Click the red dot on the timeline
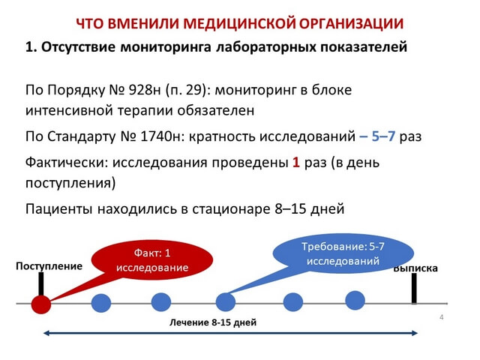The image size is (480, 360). click(41, 304)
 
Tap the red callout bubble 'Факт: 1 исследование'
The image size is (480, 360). click(152, 260)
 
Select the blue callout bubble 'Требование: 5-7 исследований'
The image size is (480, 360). click(343, 253)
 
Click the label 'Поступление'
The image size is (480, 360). click(49, 266)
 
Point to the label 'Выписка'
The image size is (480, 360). click(415, 268)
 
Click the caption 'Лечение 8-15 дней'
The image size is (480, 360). click(213, 322)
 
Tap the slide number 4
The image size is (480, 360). click(442, 317)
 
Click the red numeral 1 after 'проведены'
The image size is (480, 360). click(295, 162)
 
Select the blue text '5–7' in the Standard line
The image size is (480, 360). click(383, 136)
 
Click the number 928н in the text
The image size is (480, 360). click(145, 90)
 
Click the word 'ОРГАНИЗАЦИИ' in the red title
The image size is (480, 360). click(351, 24)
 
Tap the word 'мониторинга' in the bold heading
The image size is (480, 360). click(166, 47)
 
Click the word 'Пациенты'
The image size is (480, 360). click(58, 209)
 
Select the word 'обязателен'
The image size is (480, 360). click(216, 110)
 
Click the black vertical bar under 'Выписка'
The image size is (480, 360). click(414, 288)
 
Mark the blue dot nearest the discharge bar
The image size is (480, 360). click(355, 300)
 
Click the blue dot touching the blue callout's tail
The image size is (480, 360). click(226, 302)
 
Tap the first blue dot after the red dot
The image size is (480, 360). click(101, 303)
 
